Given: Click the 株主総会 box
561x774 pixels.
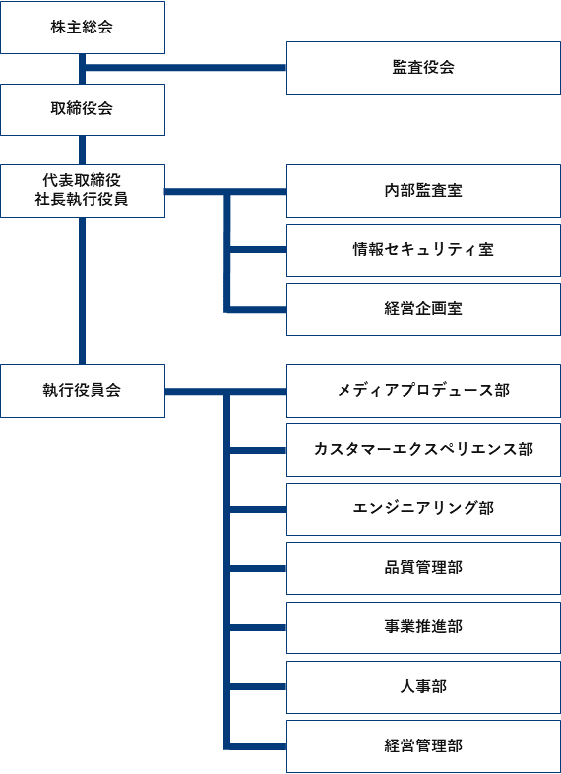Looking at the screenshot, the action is (83, 28).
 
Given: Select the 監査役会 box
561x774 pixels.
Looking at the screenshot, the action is (423, 68).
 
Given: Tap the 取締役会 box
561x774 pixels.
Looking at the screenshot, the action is (83, 109).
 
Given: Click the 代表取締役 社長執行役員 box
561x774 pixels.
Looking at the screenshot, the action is (83, 191).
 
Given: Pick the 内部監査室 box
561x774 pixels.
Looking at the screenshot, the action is (423, 191).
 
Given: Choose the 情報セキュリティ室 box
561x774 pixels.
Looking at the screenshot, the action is (423, 250).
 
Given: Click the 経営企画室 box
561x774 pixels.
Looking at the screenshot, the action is (423, 309).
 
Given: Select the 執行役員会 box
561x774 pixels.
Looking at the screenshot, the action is (83, 391).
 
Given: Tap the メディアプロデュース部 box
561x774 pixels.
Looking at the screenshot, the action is (423, 391).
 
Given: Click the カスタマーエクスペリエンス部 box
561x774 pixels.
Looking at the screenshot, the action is (423, 450).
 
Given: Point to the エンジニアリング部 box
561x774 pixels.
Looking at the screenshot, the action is (423, 509).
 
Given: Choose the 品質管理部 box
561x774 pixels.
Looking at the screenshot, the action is (423, 568).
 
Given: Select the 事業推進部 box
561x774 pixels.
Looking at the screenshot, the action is (423, 627).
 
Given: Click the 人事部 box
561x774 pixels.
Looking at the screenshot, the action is (423, 687).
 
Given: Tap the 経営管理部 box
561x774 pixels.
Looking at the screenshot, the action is (423, 746).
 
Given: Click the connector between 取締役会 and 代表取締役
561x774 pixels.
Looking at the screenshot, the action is (82, 150).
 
